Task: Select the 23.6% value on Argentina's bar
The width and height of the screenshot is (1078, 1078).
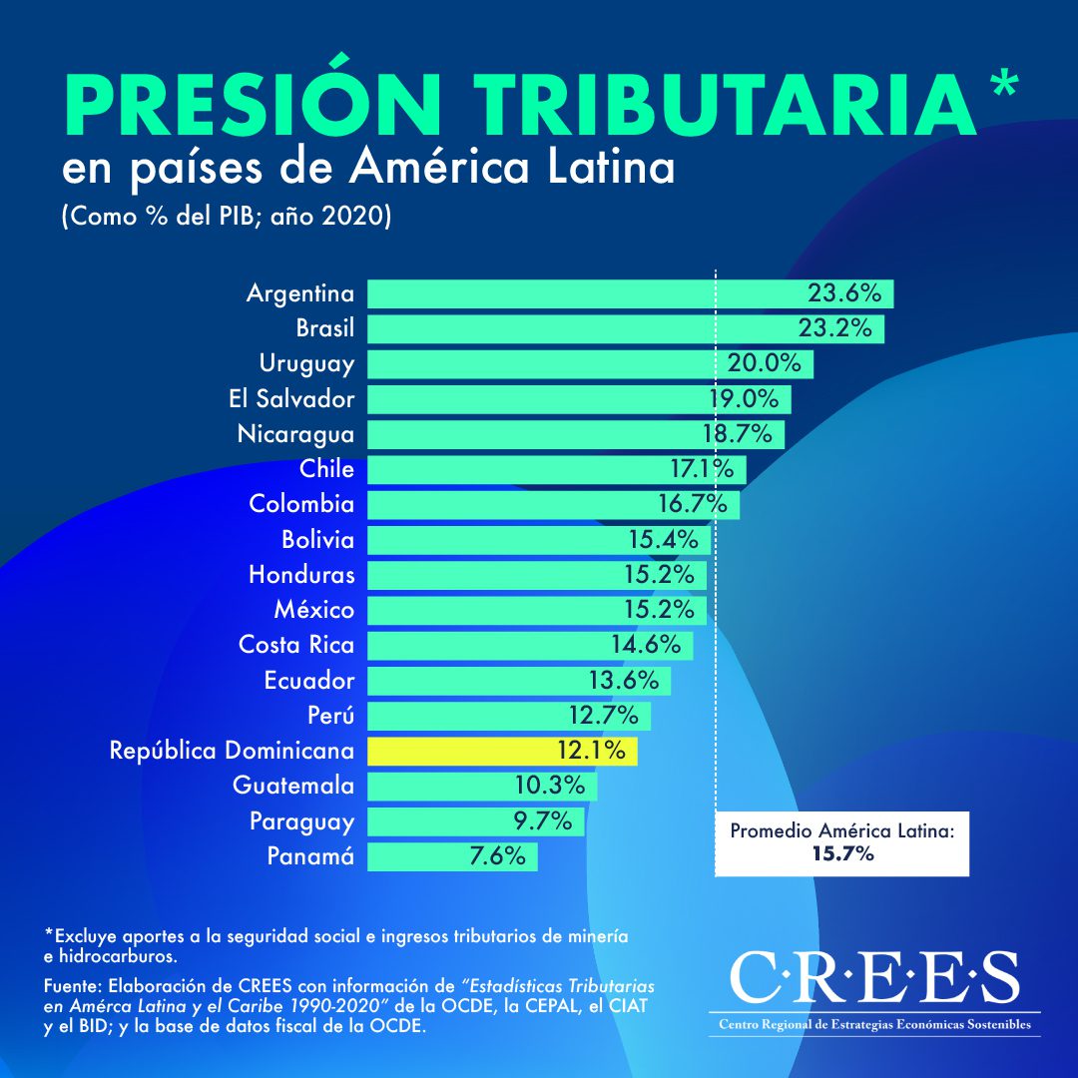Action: click(x=844, y=293)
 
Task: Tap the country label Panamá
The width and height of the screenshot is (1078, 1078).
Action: click(x=310, y=856)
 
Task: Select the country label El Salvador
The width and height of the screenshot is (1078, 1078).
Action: click(x=291, y=399)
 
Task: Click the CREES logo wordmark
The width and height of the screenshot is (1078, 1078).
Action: click(x=874, y=977)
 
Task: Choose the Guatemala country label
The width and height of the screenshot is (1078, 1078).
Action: click(x=293, y=786)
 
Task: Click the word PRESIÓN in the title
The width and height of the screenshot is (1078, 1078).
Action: click(x=251, y=104)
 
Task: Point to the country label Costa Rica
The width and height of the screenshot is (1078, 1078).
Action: click(x=296, y=645)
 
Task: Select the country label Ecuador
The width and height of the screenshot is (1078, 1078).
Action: click(x=309, y=681)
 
